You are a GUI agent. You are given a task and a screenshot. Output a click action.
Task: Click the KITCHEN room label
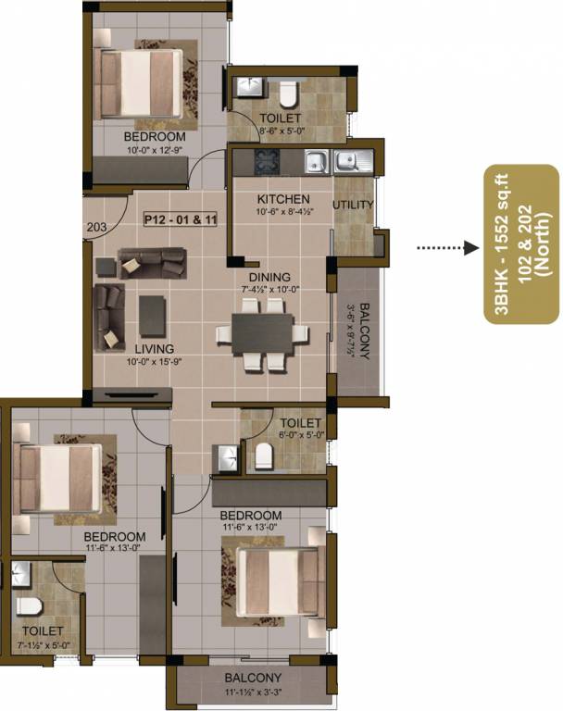click(277, 200)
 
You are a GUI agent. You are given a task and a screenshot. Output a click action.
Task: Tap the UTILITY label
click(353, 205)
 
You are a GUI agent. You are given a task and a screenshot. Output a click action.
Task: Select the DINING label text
click(269, 277)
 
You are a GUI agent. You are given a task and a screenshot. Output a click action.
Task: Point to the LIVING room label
click(154, 349)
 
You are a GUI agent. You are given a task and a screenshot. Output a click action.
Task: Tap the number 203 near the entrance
click(95, 226)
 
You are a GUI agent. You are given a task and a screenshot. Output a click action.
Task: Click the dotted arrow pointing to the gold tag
click(444, 248)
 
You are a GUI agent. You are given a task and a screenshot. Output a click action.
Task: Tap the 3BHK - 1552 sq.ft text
click(501, 243)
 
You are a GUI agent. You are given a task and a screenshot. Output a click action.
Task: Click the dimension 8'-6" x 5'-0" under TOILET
click(279, 131)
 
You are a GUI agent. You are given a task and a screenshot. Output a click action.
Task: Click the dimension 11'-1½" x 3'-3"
click(245, 691)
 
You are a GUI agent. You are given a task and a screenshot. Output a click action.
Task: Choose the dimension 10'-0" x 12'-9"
click(155, 148)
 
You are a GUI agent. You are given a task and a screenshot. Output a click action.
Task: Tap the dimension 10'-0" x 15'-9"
click(154, 362)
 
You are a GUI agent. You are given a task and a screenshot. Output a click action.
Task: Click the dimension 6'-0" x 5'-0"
click(300, 434)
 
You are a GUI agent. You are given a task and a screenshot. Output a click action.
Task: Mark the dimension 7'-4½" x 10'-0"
click(269, 290)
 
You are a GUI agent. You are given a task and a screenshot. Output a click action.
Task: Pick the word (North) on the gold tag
click(541, 243)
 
